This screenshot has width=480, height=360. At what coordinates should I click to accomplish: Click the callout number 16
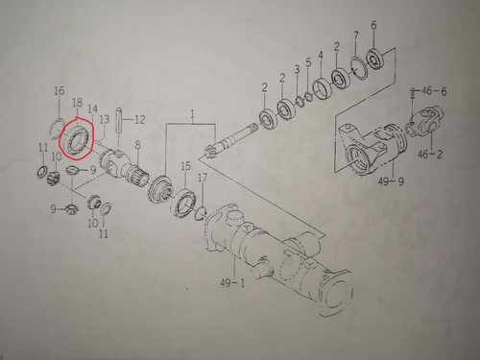click(x=60, y=91)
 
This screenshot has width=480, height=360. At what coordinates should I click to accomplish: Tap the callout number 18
click(x=78, y=103)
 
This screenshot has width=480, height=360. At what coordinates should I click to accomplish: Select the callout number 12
click(x=139, y=120)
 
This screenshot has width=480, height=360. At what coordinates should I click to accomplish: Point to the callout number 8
click(x=137, y=145)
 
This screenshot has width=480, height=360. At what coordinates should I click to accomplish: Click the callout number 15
click(x=185, y=166)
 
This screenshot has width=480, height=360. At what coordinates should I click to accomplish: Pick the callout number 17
click(x=203, y=178)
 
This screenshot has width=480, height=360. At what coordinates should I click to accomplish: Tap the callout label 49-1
click(x=232, y=283)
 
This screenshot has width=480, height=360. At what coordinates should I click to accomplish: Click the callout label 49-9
click(x=391, y=181)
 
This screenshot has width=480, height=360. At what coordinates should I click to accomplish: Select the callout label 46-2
click(x=430, y=155)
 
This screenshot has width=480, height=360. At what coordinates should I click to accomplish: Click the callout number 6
click(x=373, y=25)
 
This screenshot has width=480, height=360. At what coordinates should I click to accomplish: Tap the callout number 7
click(x=356, y=36)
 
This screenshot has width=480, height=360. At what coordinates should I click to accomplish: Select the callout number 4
click(x=321, y=55)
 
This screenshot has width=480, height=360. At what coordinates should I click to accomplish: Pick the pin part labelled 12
click(x=118, y=120)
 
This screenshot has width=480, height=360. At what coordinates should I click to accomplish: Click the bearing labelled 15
click(x=183, y=203)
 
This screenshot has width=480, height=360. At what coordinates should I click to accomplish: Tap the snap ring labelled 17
click(x=202, y=213)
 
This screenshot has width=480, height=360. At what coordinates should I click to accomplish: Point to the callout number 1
click(x=192, y=113)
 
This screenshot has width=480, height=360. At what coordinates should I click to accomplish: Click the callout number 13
click(x=104, y=120)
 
